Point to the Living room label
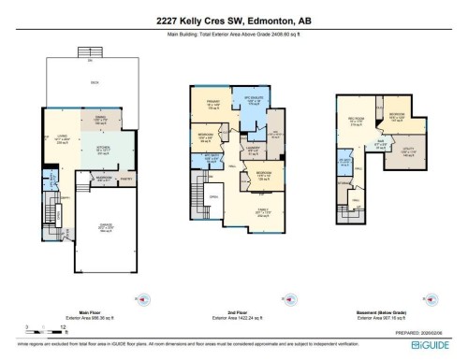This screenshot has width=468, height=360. (64, 141)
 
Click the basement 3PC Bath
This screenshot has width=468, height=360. (345, 163)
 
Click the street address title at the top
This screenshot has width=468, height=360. (234, 19)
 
